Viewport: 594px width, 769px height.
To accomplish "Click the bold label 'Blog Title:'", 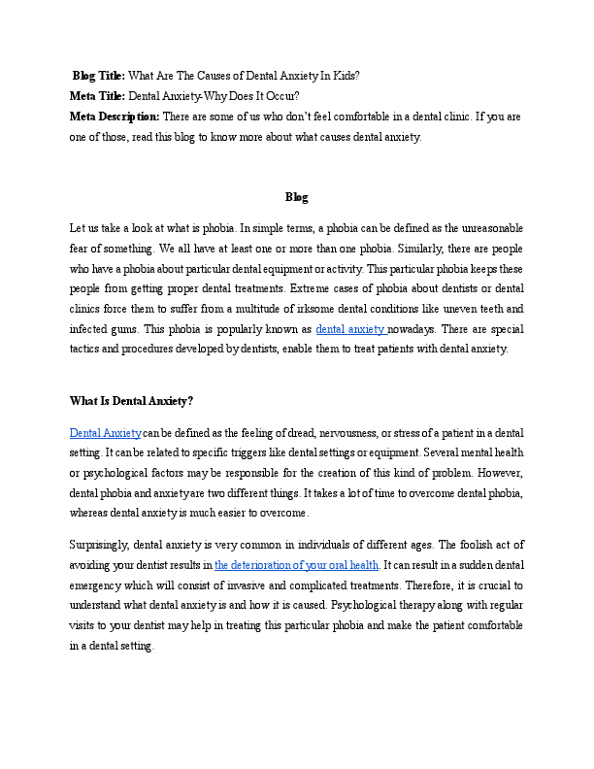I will pyautogui.click(x=99, y=75).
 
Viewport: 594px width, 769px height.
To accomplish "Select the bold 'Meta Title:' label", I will pyautogui.click(x=97, y=95).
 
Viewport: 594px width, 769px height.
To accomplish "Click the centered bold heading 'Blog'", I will pyautogui.click(x=296, y=197).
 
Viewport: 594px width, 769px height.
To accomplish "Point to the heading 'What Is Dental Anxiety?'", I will pyautogui.click(x=131, y=400).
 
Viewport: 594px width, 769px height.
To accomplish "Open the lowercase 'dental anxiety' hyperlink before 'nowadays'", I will pyautogui.click(x=350, y=329).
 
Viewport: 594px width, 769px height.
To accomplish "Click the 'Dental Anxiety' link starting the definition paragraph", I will pyautogui.click(x=105, y=432).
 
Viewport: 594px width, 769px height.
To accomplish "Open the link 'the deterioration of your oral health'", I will pyautogui.click(x=296, y=564).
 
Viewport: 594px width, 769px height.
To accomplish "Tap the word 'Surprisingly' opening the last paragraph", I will pyautogui.click(x=100, y=544).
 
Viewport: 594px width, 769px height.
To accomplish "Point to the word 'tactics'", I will pyautogui.click(x=86, y=350).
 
